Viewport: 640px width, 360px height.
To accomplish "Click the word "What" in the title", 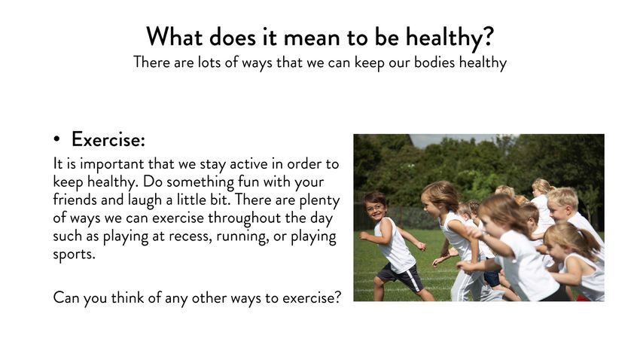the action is [x=174, y=37].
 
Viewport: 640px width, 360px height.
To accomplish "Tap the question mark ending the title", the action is [x=488, y=37].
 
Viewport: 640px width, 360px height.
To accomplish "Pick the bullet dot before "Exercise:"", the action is [x=56, y=139].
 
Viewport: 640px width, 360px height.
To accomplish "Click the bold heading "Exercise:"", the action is [x=108, y=139].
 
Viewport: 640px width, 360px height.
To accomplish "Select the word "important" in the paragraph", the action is [x=112, y=165].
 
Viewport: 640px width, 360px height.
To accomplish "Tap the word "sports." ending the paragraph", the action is [x=74, y=255].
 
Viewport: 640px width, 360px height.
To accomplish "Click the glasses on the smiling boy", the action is [x=375, y=208].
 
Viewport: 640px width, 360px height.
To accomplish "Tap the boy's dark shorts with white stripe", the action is [x=400, y=278].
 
